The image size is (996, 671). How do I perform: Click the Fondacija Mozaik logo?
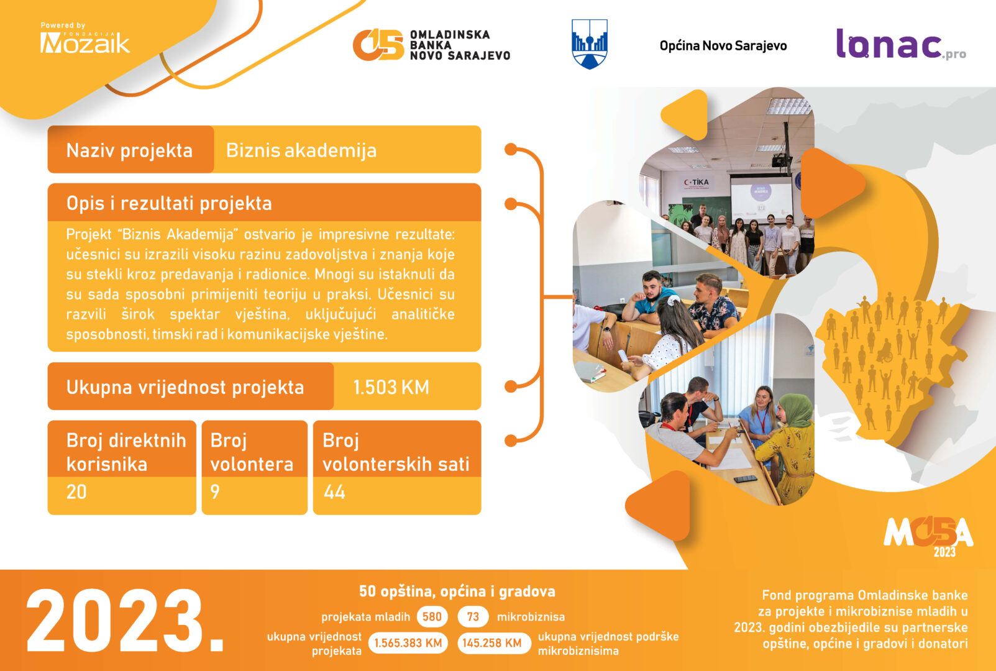pos(85,39)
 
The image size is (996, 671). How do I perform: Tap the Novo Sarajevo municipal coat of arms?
pos(590,43)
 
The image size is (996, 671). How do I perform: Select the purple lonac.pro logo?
pos(901,44)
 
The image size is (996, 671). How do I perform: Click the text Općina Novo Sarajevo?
pos(723,46)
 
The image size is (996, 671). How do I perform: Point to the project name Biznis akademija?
pos(301,150)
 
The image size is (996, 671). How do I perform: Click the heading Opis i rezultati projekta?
pos(169,203)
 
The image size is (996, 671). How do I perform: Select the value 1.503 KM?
pos(391,387)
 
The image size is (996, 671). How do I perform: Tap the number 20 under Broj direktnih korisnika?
pos(76,492)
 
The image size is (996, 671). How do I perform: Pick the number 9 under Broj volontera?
pos(215,492)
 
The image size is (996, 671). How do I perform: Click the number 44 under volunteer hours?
pos(334,492)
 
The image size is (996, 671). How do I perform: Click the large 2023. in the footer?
pos(125,621)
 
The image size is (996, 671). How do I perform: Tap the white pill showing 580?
pos(432,617)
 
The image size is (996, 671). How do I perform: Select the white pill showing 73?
pos(473,617)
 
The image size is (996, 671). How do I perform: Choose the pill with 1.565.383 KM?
pos(408,643)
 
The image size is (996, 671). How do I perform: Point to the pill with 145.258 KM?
pos(491,643)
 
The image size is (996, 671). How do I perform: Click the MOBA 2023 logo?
pos(928,536)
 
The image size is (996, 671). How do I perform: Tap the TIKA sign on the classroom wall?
pos(697,182)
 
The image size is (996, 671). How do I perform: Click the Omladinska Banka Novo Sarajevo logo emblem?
pos(378,45)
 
